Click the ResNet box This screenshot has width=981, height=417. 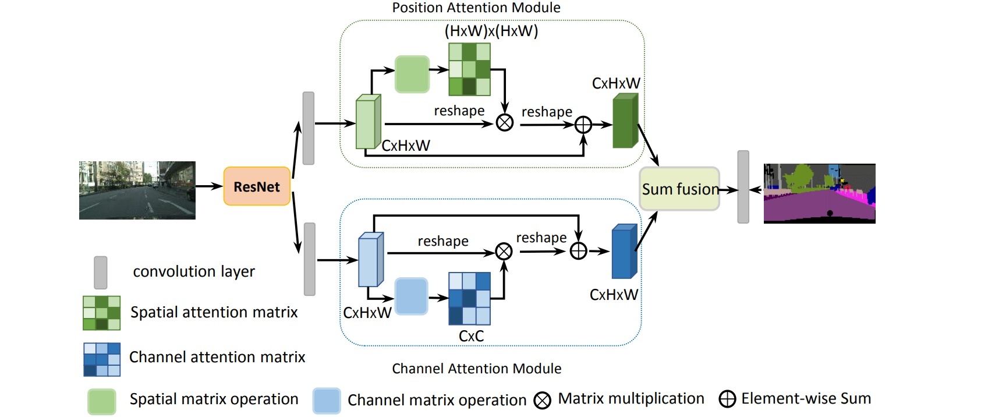(257, 186)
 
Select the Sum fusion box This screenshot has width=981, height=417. (679, 189)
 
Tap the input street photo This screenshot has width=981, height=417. (137, 190)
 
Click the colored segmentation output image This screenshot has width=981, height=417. (819, 193)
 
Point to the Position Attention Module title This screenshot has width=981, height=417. (476, 8)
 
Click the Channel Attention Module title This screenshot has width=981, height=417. (476, 369)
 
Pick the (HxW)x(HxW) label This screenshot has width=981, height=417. (491, 31)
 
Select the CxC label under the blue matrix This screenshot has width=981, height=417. (471, 336)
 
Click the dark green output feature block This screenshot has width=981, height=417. (625, 122)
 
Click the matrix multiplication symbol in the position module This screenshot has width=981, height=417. (504, 122)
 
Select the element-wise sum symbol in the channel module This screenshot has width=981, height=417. (578, 251)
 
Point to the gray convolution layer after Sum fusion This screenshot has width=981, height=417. (743, 187)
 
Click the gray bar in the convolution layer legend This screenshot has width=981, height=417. (101, 273)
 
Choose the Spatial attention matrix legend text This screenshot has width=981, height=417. (214, 312)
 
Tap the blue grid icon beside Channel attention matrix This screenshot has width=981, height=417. (102, 359)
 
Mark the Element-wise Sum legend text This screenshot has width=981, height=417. (806, 398)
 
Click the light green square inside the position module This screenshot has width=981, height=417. (412, 74)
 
